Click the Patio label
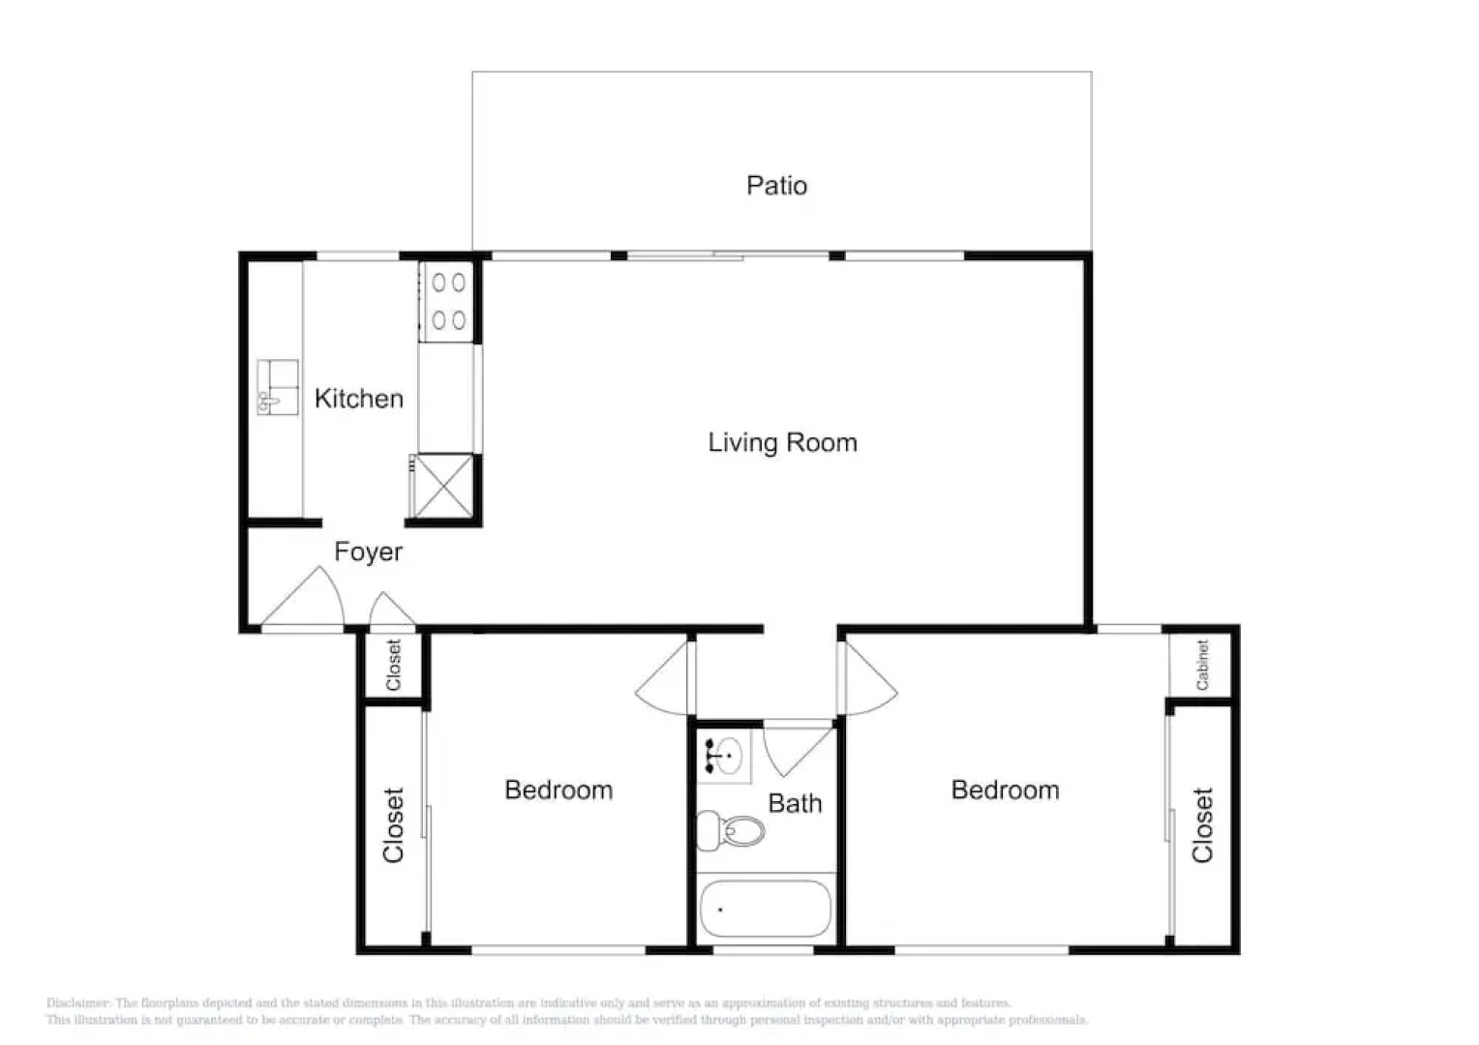click(776, 185)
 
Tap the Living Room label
click(782, 442)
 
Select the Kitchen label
click(358, 398)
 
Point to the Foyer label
click(368, 552)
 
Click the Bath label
click(795, 803)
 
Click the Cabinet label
click(1202, 665)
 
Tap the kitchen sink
click(277, 387)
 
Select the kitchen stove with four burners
click(447, 301)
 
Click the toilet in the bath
click(731, 830)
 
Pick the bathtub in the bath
click(765, 909)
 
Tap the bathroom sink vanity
click(724, 756)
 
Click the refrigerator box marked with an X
click(443, 486)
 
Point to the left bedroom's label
click(558, 790)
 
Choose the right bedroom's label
click(1005, 790)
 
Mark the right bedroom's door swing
click(869, 683)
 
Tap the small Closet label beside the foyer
click(393, 665)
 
